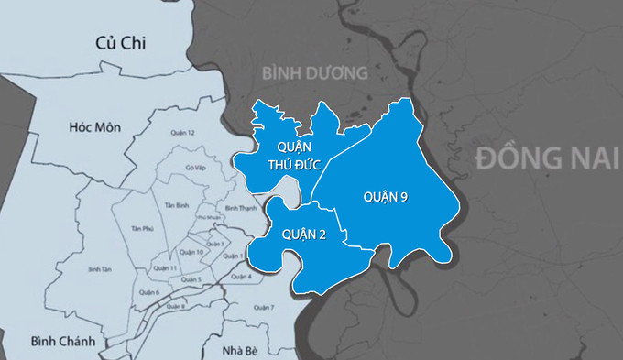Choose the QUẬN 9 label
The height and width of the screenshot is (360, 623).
(385, 196)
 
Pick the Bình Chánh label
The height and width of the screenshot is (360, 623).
(61, 341)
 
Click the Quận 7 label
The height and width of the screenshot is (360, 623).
(264, 307)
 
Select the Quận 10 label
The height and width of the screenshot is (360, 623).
(192, 252)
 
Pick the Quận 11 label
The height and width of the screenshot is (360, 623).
(165, 267)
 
